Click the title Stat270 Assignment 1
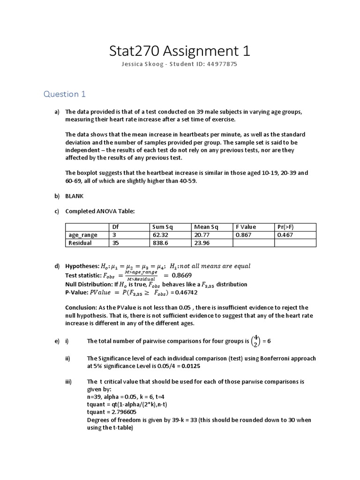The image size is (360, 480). click(180, 51)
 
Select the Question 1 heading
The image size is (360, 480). click(65, 94)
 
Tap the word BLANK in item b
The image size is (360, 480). click(75, 196)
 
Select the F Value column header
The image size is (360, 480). click(246, 227)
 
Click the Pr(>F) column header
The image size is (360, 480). click(285, 227)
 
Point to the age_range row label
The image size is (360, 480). click(83, 235)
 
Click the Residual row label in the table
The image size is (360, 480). click(80, 243)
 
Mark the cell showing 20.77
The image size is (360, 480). click(202, 235)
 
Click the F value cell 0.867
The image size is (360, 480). click(244, 235)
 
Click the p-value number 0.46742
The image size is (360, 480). click(186, 292)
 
